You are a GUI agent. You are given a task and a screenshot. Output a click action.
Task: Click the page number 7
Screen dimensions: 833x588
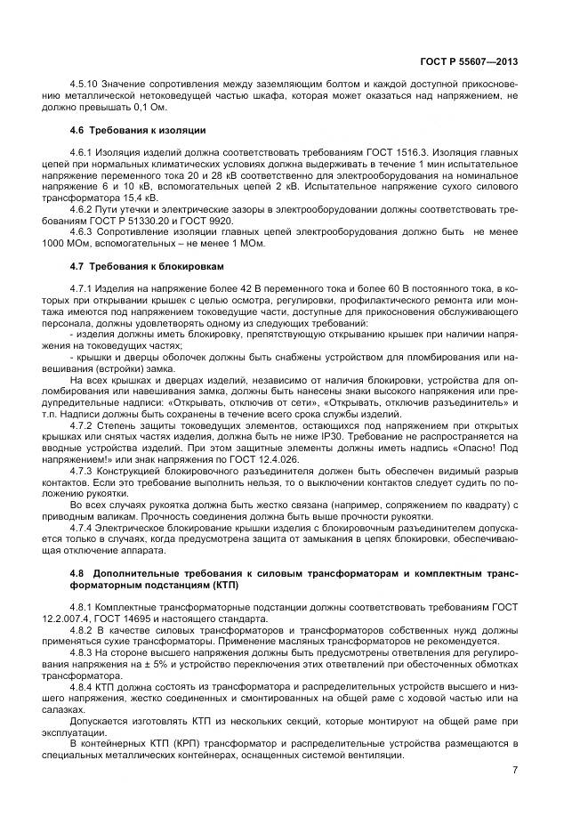tap(514, 770)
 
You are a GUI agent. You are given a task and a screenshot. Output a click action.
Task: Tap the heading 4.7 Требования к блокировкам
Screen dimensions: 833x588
tap(147, 267)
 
